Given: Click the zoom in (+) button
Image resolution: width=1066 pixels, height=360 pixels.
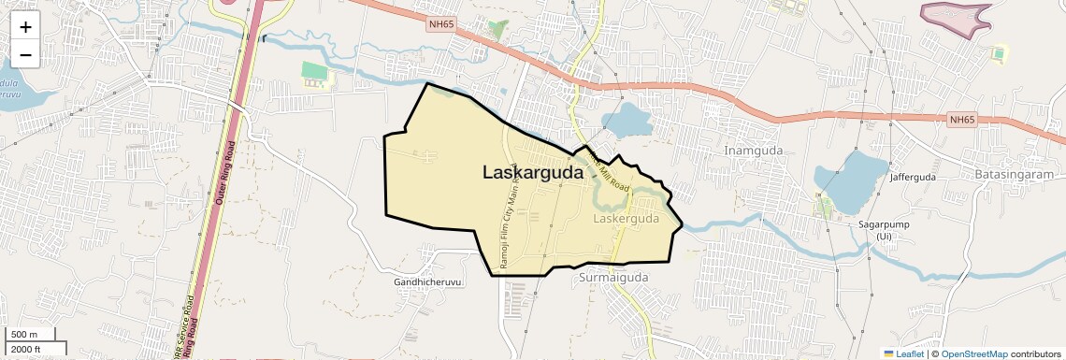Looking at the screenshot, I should (25, 26).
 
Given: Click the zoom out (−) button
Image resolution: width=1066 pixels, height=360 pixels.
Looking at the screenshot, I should (25, 54).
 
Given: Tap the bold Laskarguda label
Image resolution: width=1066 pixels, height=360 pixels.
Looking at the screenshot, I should (533, 172).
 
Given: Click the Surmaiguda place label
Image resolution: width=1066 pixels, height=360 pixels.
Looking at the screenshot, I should (613, 278).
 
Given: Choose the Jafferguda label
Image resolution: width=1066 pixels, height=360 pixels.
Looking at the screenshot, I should (913, 177).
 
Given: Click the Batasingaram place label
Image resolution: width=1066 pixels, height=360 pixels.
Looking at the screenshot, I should (1013, 174).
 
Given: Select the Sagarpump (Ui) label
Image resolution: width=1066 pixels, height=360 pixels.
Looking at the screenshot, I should (885, 230).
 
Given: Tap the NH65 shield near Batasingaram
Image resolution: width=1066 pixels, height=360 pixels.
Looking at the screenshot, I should (961, 120).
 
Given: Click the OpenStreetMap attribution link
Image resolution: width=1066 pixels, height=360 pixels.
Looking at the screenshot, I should (973, 353).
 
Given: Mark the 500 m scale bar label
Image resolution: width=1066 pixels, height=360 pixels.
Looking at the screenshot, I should (24, 335).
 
